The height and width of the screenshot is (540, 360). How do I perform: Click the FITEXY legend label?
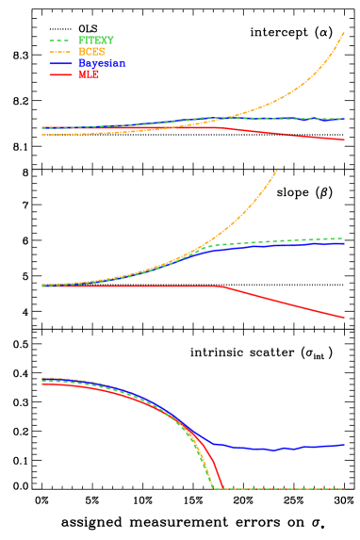(95, 41)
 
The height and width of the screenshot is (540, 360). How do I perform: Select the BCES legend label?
(90, 53)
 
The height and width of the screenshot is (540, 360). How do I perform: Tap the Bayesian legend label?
(101, 64)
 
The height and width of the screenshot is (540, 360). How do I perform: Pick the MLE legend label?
(88, 75)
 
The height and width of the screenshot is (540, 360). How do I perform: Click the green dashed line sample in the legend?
(59, 41)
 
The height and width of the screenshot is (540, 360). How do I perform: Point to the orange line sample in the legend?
(59, 53)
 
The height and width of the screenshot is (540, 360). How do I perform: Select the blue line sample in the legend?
(59, 64)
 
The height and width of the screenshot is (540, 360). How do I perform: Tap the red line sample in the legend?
(59, 75)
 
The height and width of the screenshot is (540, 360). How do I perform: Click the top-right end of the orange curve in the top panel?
(344, 33)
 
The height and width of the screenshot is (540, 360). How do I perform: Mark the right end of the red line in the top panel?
(344, 139)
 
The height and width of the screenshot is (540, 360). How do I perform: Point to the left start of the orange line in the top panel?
(42, 135)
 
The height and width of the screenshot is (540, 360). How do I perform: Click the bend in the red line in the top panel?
(221, 127)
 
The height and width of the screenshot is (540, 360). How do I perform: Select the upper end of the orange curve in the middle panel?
(277, 171)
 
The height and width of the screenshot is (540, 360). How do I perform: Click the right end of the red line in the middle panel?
(344, 318)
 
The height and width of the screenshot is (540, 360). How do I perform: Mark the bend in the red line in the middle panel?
(221, 286)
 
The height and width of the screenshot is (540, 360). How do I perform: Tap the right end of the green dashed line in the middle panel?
(344, 238)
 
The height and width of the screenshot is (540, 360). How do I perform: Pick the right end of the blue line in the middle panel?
(344, 243)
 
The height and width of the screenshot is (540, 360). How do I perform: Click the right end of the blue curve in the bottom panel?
(344, 444)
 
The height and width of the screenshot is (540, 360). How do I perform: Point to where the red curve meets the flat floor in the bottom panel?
(223, 488)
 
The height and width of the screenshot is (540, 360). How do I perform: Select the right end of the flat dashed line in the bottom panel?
(344, 489)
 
